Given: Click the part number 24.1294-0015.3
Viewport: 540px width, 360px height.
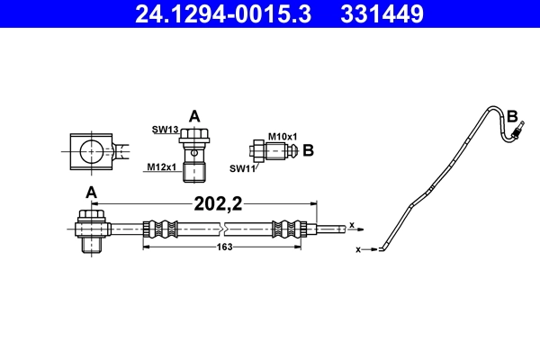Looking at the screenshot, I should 210,13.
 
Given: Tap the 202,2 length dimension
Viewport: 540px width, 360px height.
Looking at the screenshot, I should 219,203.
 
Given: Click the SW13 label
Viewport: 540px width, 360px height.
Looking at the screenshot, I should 165,130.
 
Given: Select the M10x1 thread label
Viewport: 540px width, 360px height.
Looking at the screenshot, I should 282,135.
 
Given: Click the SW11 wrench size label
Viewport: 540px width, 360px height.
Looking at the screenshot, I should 241,167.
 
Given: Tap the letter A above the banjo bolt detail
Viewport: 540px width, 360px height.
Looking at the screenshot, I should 193,115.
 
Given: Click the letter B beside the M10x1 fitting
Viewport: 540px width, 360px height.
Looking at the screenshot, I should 308,149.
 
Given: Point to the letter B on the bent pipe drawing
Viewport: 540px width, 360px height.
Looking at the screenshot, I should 512,116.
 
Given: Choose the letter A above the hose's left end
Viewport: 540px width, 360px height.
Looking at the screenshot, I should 91,192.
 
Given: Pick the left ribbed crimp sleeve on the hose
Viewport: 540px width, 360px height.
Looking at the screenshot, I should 157,229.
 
